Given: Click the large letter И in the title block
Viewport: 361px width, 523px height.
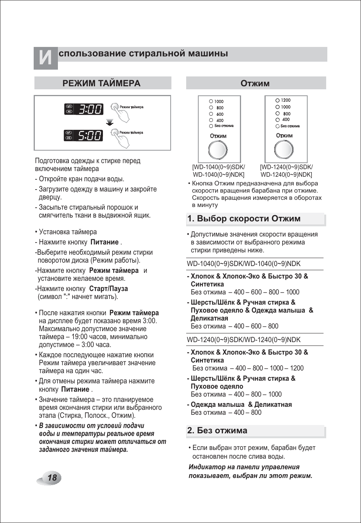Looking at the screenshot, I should click(x=45, y=58).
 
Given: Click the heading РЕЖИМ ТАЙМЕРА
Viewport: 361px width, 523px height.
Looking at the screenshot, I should click(x=101, y=83).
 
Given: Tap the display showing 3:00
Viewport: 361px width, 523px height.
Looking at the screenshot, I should click(x=90, y=109).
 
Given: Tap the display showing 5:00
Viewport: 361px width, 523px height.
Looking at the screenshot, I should click(x=90, y=135).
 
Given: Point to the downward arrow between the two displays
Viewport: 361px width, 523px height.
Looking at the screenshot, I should click(x=110, y=122).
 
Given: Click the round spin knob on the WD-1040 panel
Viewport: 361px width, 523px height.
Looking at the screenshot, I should click(x=218, y=150).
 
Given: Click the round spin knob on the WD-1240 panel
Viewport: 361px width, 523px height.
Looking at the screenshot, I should click(x=284, y=149).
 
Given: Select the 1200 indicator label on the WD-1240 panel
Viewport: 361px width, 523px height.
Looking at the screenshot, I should click(x=286, y=100).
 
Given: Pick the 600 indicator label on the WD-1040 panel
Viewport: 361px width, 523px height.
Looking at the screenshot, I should click(x=220, y=114).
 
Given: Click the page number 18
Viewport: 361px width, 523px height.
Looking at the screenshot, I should click(x=52, y=478).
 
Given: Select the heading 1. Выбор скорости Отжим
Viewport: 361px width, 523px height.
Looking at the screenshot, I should click(x=244, y=219).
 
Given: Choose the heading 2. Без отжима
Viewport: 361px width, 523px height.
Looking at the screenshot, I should click(x=217, y=431).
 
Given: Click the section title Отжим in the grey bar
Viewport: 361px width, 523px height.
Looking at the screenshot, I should click(x=255, y=83).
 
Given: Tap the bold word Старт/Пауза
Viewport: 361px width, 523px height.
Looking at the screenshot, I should click(x=109, y=289).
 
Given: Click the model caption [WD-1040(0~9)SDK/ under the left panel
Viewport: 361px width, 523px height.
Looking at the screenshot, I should click(x=218, y=167).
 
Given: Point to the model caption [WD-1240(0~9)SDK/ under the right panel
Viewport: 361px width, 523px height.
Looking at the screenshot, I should click(x=286, y=167).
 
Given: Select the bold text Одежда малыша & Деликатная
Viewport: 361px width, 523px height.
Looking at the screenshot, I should click(x=241, y=405).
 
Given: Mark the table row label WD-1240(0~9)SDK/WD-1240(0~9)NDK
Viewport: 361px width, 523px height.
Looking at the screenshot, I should click(x=244, y=340).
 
